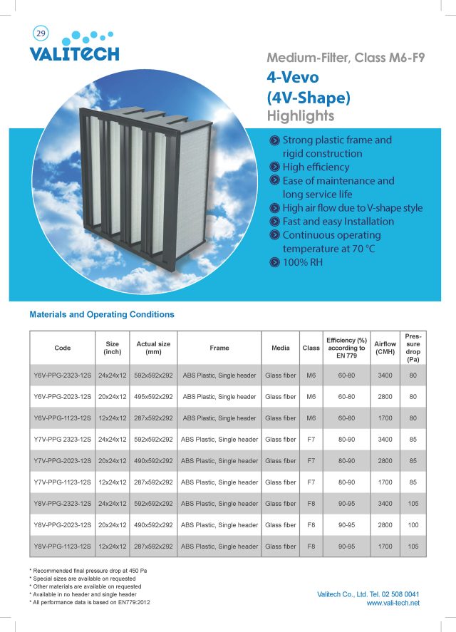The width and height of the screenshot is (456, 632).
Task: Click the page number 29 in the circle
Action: pyautogui.click(x=39, y=33)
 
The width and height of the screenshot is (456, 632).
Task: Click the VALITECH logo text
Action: pyautogui.click(x=74, y=53)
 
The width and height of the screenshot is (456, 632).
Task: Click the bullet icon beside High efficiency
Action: pyautogui.click(x=274, y=167)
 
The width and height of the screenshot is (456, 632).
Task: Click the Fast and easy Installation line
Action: pyautogui.click(x=338, y=221)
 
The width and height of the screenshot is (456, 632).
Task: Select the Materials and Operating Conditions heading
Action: pyautogui.click(x=102, y=314)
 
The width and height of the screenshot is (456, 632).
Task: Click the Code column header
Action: pyautogui.click(x=63, y=348)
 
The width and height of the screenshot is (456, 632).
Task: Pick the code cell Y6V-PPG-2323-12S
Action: pyautogui.click(x=63, y=375)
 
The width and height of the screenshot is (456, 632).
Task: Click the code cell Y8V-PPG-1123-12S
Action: pyautogui.click(x=63, y=546)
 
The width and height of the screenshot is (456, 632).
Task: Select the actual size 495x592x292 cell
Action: pyautogui.click(x=153, y=397)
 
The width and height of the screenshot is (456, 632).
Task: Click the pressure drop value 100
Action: pyautogui.click(x=413, y=525)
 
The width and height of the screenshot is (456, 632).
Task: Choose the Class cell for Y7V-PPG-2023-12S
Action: pyautogui.click(x=311, y=461)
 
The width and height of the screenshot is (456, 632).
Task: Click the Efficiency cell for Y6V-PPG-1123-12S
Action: pyautogui.click(x=346, y=418)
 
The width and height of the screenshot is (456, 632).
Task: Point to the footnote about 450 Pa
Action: pyautogui.click(x=88, y=571)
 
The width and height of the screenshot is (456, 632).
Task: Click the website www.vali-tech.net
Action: pyautogui.click(x=393, y=603)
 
